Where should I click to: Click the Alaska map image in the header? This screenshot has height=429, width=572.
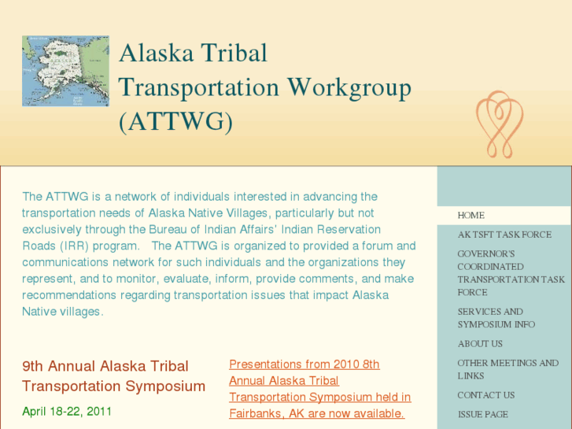click(65, 70)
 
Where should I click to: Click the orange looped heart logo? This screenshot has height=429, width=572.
click(500, 124)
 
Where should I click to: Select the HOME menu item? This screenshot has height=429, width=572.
click(471, 215)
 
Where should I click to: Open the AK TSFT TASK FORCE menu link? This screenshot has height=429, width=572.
click(504, 235)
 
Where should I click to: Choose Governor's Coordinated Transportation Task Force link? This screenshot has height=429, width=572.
click(511, 273)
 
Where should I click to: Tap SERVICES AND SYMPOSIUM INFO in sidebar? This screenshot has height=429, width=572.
click(496, 318)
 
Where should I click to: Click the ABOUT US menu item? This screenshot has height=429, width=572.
click(480, 344)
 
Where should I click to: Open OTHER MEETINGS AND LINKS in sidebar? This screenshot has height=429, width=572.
click(507, 369)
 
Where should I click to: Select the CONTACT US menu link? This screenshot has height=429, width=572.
click(486, 395)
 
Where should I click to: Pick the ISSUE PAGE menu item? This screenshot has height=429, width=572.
click(483, 415)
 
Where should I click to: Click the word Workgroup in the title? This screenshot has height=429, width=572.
click(349, 87)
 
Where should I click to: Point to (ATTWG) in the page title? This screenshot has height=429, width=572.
click(175, 122)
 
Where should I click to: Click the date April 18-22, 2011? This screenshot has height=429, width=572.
click(67, 411)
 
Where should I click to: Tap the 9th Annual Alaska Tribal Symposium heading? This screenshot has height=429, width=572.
click(113, 376)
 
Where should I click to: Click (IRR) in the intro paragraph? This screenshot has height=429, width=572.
click(71, 246)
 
